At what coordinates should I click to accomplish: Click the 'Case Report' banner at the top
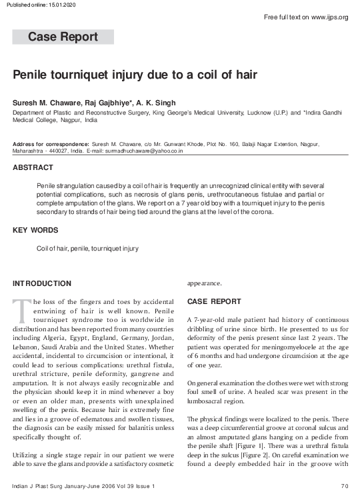tap(63, 37)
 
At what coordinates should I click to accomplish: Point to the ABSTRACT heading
tap(33, 168)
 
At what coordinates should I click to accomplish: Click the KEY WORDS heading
tap(36, 231)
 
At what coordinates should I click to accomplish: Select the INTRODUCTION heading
tap(42, 283)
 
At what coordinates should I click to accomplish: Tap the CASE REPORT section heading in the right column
tap(214, 301)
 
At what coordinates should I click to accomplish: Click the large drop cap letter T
tap(21, 311)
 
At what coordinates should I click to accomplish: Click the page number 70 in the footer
tap(344, 486)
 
